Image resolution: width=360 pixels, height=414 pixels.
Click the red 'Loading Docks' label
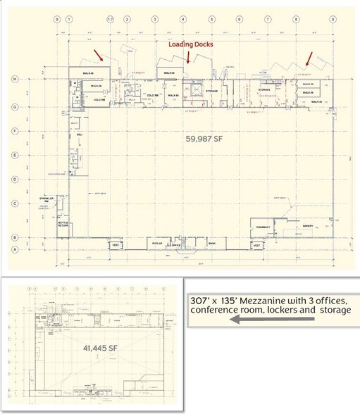click(190, 44)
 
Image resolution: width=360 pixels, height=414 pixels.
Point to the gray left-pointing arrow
click(254, 319)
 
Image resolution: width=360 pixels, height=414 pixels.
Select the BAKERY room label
click(307, 226)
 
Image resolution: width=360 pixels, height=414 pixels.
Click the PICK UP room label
click(158, 244)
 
